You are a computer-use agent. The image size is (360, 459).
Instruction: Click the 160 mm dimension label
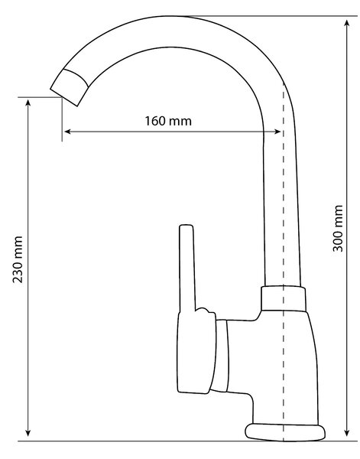168,121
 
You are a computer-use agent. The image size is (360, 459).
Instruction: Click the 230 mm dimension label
18,259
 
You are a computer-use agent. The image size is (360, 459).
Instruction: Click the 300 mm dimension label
338,228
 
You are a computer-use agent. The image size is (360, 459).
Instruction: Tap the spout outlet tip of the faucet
69,87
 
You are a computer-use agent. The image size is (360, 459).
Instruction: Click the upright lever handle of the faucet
186,268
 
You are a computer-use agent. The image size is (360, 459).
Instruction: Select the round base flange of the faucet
285,431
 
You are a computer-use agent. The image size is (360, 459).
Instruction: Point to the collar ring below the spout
284,298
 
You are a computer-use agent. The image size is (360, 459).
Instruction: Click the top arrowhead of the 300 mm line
347,23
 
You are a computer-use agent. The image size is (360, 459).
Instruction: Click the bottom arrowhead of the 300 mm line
347,433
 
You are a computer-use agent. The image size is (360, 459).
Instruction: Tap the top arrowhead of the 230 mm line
28,103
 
